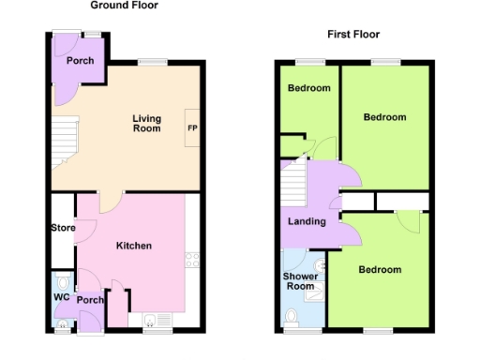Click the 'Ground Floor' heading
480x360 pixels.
click(125, 6)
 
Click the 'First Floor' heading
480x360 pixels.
click(352, 35)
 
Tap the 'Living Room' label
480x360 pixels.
click(145, 124)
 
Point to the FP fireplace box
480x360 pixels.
click(192, 127)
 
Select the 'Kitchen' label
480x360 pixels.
click(133, 246)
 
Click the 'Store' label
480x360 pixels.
click(63, 227)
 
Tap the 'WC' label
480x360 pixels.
click(61, 300)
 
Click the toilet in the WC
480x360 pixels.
click(62, 281)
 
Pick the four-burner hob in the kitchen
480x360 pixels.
click(193, 260)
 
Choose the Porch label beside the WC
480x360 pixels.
click(91, 300)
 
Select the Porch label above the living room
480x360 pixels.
click(80, 60)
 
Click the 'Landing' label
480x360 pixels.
click(307, 221)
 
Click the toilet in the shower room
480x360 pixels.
click(292, 319)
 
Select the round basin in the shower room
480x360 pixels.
click(321, 266)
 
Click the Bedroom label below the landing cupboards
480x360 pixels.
click(380, 270)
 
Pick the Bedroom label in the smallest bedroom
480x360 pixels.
click(308, 88)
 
